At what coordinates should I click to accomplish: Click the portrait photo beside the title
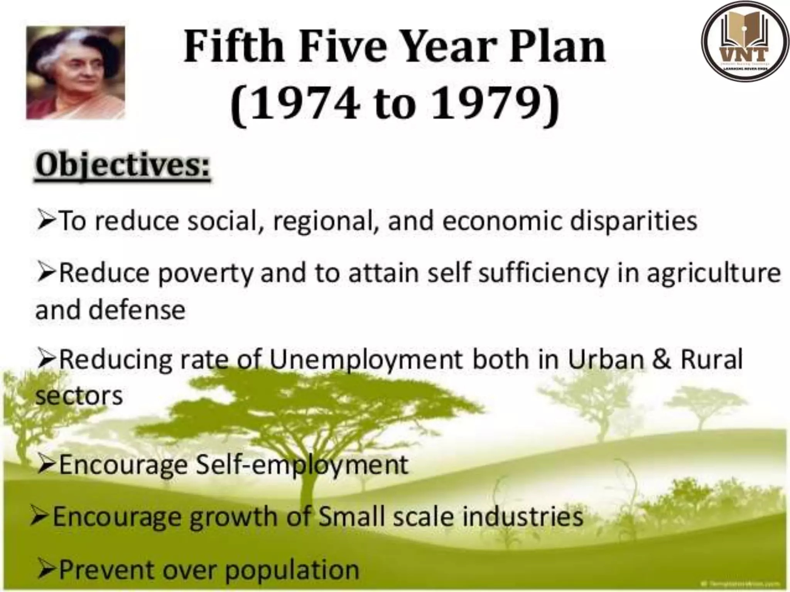(x=76, y=72)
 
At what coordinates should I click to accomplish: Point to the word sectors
(x=79, y=396)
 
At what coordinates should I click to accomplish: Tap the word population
(x=292, y=569)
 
